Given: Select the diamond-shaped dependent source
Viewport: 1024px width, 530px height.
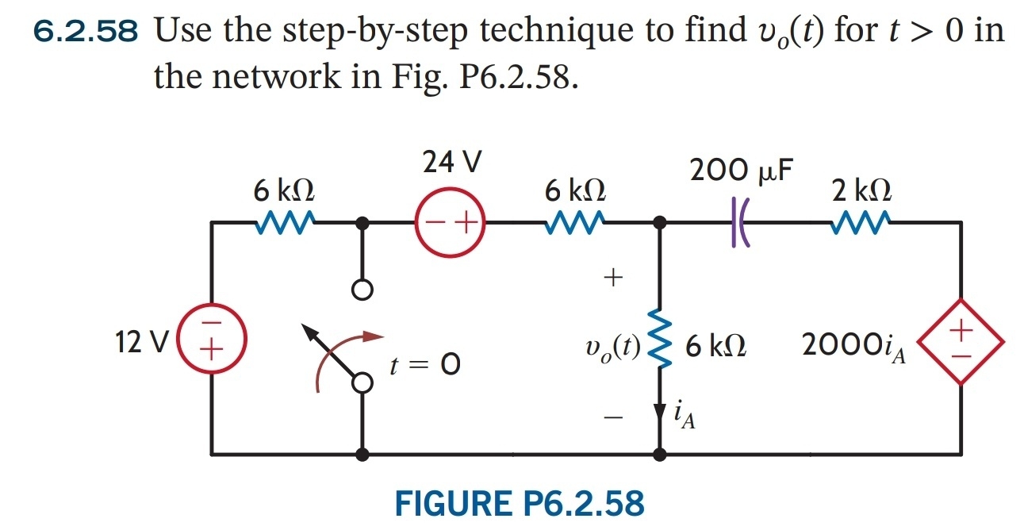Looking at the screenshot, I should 961,342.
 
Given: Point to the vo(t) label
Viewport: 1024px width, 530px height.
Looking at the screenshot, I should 612,346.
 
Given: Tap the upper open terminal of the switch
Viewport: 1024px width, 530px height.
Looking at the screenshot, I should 362,291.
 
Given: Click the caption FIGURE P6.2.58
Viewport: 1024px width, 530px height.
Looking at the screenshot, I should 520,503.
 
